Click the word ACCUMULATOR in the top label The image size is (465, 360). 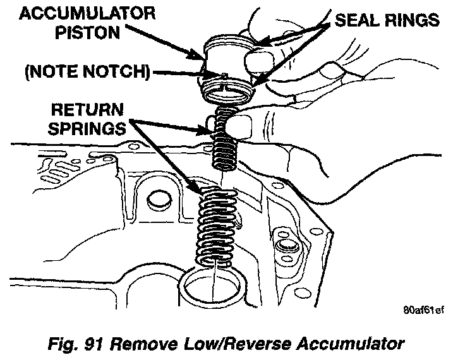[x=80, y=15]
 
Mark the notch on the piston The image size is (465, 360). [x=224, y=78]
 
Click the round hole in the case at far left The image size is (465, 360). [x=154, y=201]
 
